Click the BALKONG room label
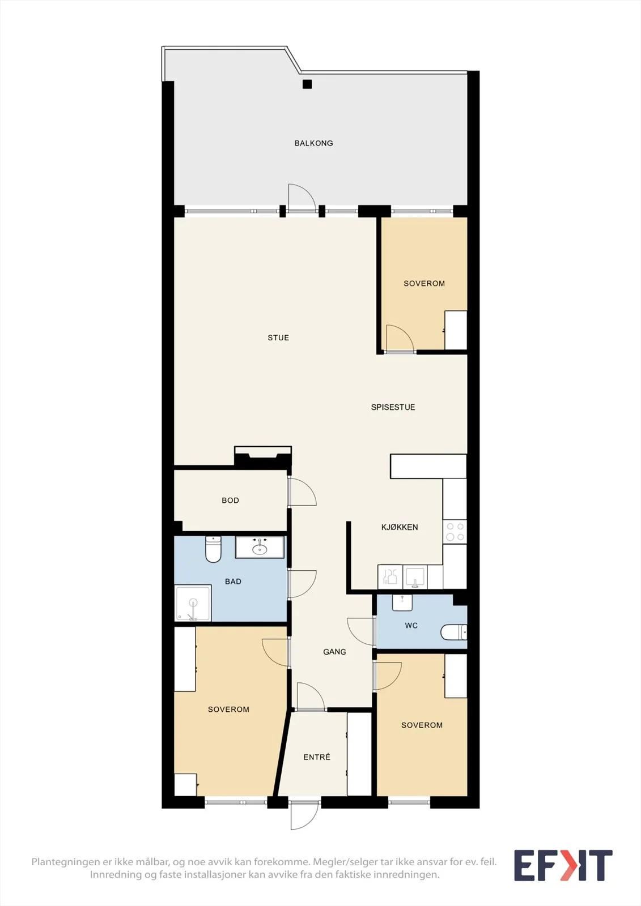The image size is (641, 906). [313, 143]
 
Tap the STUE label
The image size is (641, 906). [278, 337]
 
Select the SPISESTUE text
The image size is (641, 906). [393, 407]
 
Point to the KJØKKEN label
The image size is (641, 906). [399, 527]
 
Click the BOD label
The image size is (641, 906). [230, 501]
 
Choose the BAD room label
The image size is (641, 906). [233, 581]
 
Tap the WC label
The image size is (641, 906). [411, 626]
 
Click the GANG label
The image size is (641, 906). [334, 652]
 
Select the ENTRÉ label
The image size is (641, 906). [317, 757]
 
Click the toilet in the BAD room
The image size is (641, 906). [213, 549]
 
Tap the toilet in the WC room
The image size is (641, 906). [453, 632]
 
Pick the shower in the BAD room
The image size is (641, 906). [193, 603]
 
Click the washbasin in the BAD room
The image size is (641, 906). [260, 548]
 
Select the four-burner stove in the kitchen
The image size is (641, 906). [455, 532]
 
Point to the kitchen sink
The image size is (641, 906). [415, 577]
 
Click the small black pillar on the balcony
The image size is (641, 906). [307, 84]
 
